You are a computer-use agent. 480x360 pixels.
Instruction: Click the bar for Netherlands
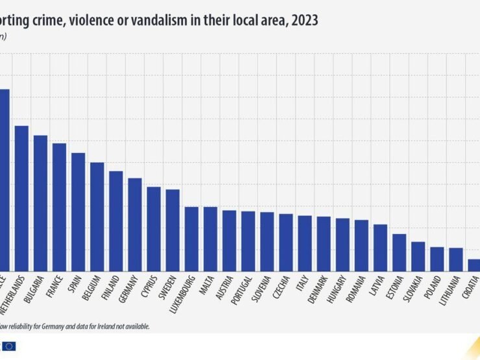click(21, 198)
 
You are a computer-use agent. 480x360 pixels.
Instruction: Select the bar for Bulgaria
click(40, 202)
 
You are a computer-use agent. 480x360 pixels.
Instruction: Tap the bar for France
click(59, 206)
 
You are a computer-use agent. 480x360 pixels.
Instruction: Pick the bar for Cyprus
click(154, 228)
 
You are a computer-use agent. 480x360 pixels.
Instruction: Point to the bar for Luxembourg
click(191, 238)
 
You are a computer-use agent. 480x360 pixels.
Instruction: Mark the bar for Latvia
click(380, 247)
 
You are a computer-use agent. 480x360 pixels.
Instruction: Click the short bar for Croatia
click(474, 265)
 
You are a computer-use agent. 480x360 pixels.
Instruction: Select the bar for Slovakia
click(418, 256)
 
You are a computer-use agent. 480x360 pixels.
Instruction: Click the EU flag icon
click(9, 346)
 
